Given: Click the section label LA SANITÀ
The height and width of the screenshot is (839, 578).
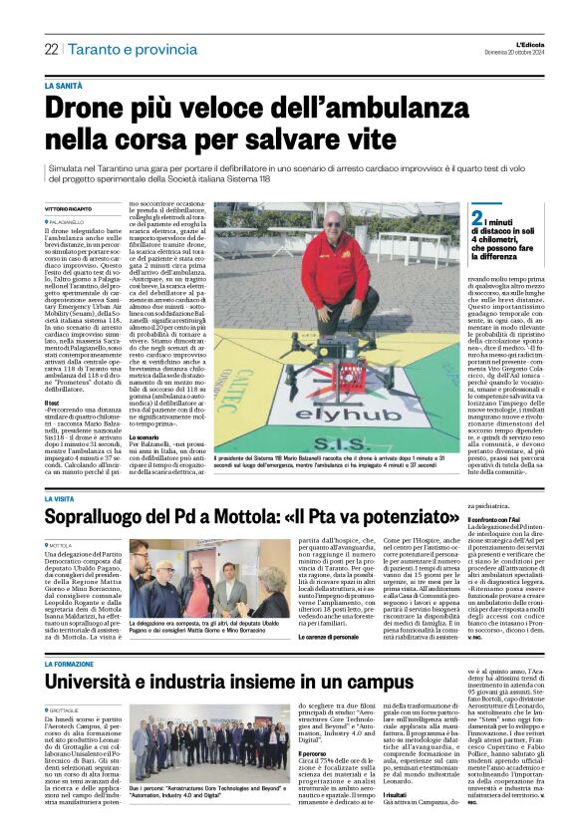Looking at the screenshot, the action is pos(65,86).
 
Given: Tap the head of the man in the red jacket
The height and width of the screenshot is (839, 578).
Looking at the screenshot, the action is pos(341,223).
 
